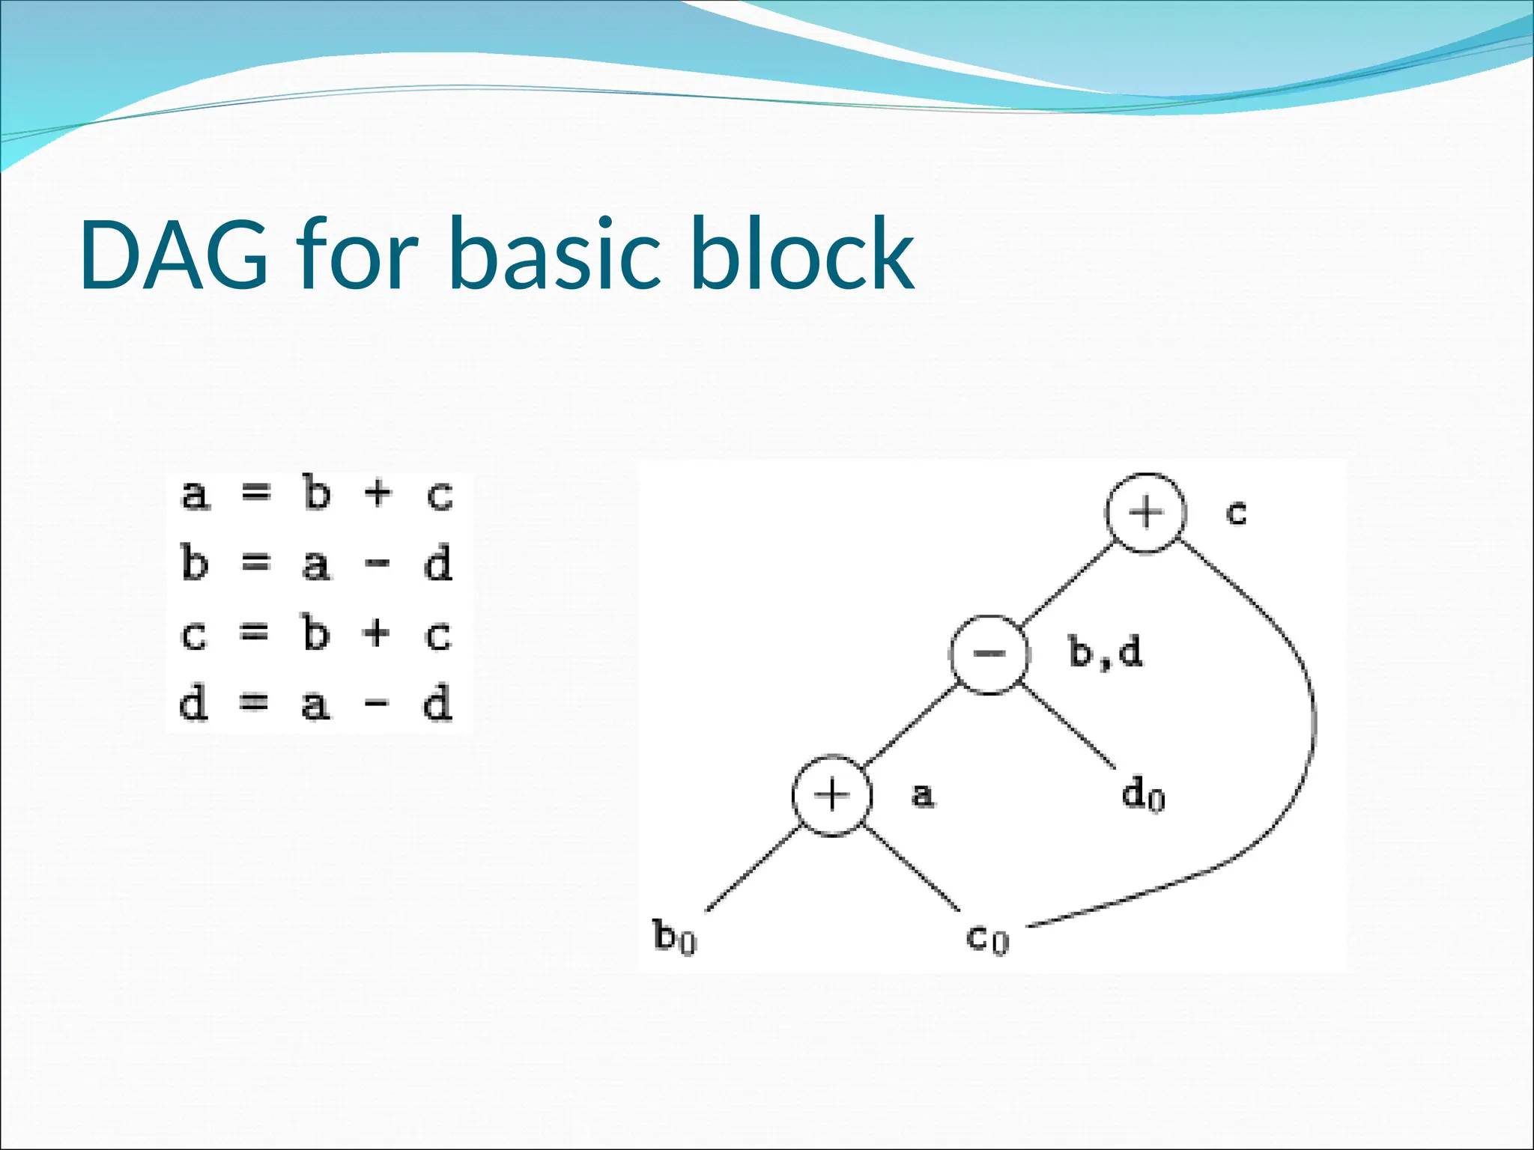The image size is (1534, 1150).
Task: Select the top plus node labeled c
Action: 1145,514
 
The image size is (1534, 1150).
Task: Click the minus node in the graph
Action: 989,654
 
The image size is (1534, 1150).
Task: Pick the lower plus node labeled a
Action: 832,795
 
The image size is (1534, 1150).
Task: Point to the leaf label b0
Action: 674,937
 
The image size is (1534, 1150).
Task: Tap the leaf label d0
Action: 1143,795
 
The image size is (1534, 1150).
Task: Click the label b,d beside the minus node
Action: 1105,653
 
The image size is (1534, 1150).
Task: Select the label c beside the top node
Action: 1236,514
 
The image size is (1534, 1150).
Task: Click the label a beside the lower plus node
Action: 923,795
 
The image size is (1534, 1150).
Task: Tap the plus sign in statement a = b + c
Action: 378,494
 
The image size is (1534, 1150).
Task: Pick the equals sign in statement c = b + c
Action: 254,635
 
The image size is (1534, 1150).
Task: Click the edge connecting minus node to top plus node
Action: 1067,584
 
